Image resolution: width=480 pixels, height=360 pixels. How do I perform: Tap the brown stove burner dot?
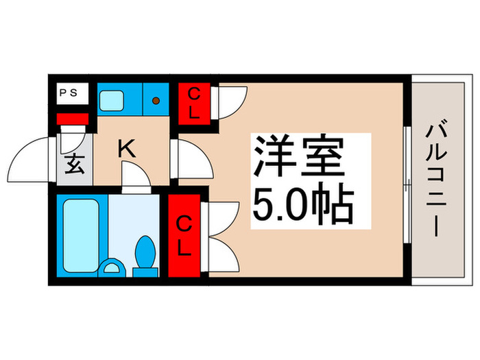pos(156,101)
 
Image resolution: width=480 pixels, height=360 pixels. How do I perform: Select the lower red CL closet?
pos(184,235)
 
